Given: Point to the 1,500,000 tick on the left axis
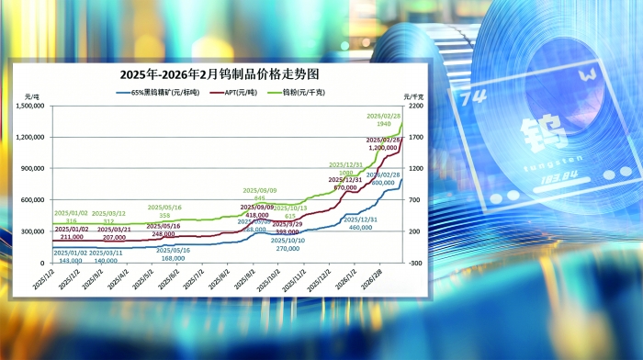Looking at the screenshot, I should [31, 107].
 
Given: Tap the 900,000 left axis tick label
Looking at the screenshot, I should [33, 169].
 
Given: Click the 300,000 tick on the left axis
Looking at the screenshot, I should [33, 231].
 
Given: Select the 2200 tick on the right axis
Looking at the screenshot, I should [415, 107].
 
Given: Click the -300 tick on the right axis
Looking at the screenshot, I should [414, 263].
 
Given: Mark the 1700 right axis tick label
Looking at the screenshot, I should [415, 138].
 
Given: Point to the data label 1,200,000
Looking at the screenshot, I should [383, 147].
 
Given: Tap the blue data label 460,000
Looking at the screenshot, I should [363, 226].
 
